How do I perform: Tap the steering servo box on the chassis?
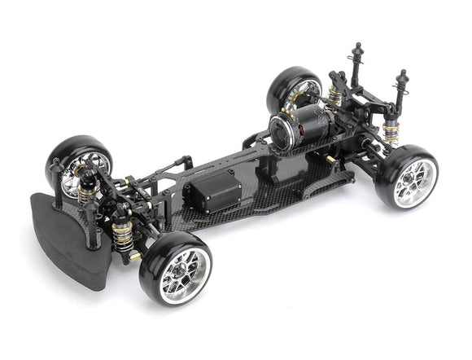(214, 195)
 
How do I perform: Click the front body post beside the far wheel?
(57, 174)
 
